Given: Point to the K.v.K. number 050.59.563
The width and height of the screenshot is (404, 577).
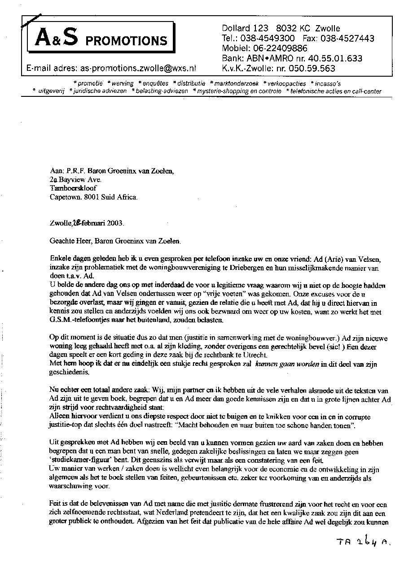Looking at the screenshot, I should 312,69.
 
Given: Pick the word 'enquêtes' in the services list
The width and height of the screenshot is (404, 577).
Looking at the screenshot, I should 155,83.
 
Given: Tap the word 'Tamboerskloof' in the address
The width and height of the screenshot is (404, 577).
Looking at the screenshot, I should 73,188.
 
